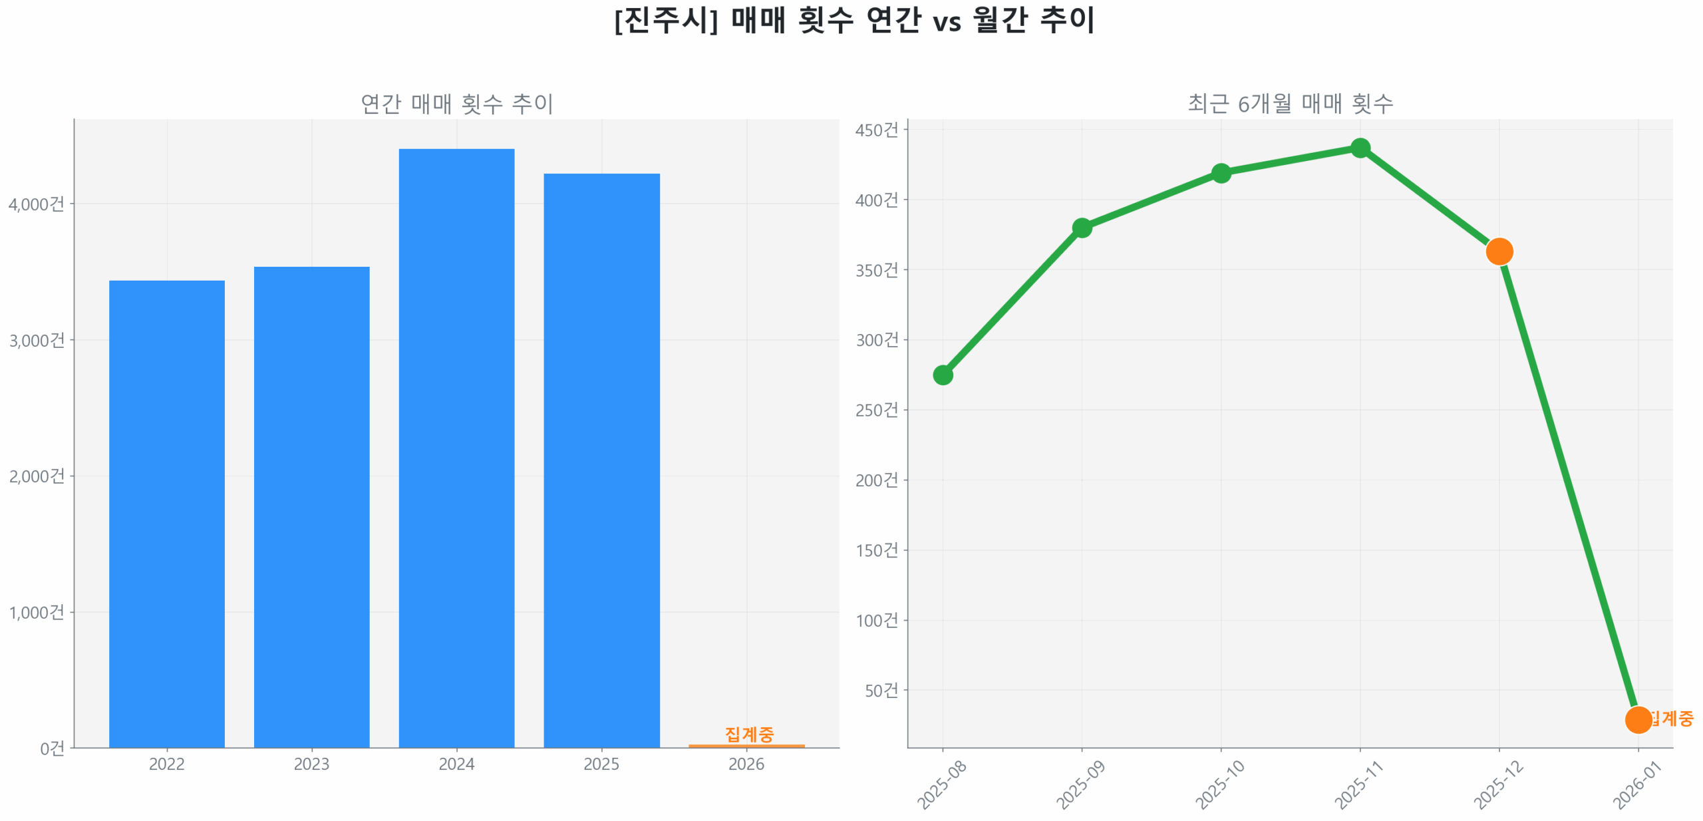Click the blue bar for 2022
(166, 512)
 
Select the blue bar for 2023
(311, 506)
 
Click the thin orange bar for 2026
(746, 745)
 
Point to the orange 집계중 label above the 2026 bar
(749, 733)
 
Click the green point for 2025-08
(943, 375)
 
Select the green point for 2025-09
(1082, 228)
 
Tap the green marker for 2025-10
(1221, 174)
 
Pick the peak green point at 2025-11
(1360, 148)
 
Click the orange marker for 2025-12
(1499, 251)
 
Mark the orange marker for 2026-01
(1638, 719)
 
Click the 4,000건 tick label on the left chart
(37, 204)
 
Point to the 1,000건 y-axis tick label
(37, 612)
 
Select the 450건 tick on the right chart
(876, 130)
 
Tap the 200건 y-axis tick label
(876, 480)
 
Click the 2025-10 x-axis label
(1219, 785)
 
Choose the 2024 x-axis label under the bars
(456, 764)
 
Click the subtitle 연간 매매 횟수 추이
(456, 104)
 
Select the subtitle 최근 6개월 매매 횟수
(1290, 104)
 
